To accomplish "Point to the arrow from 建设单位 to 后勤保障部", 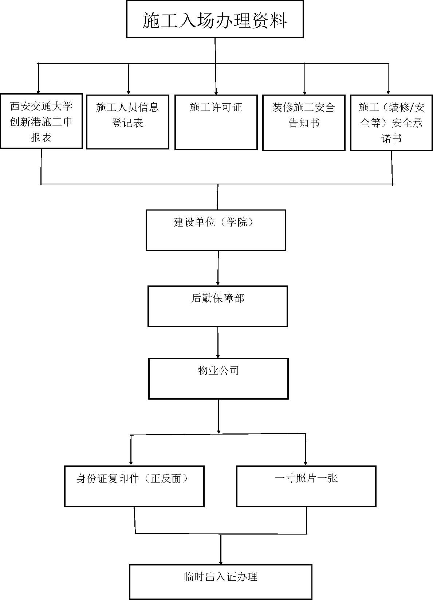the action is pyautogui.click(x=218, y=268).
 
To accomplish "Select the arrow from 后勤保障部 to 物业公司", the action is pyautogui.click(x=218, y=343).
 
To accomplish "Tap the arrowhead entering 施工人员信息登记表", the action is pyautogui.click(x=129, y=92).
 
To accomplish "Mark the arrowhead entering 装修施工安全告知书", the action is pyautogui.click(x=305, y=93).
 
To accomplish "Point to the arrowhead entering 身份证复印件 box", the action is pyautogui.click(x=131, y=463).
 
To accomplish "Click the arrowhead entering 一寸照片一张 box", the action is pyautogui.click(x=306, y=463).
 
